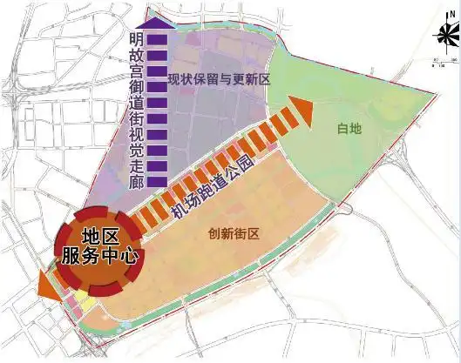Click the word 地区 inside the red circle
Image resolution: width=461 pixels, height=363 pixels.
(98, 237)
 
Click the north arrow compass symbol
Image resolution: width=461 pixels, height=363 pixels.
(444, 37)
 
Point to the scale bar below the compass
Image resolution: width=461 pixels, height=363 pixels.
(444, 61)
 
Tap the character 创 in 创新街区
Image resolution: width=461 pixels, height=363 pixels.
(214, 233)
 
